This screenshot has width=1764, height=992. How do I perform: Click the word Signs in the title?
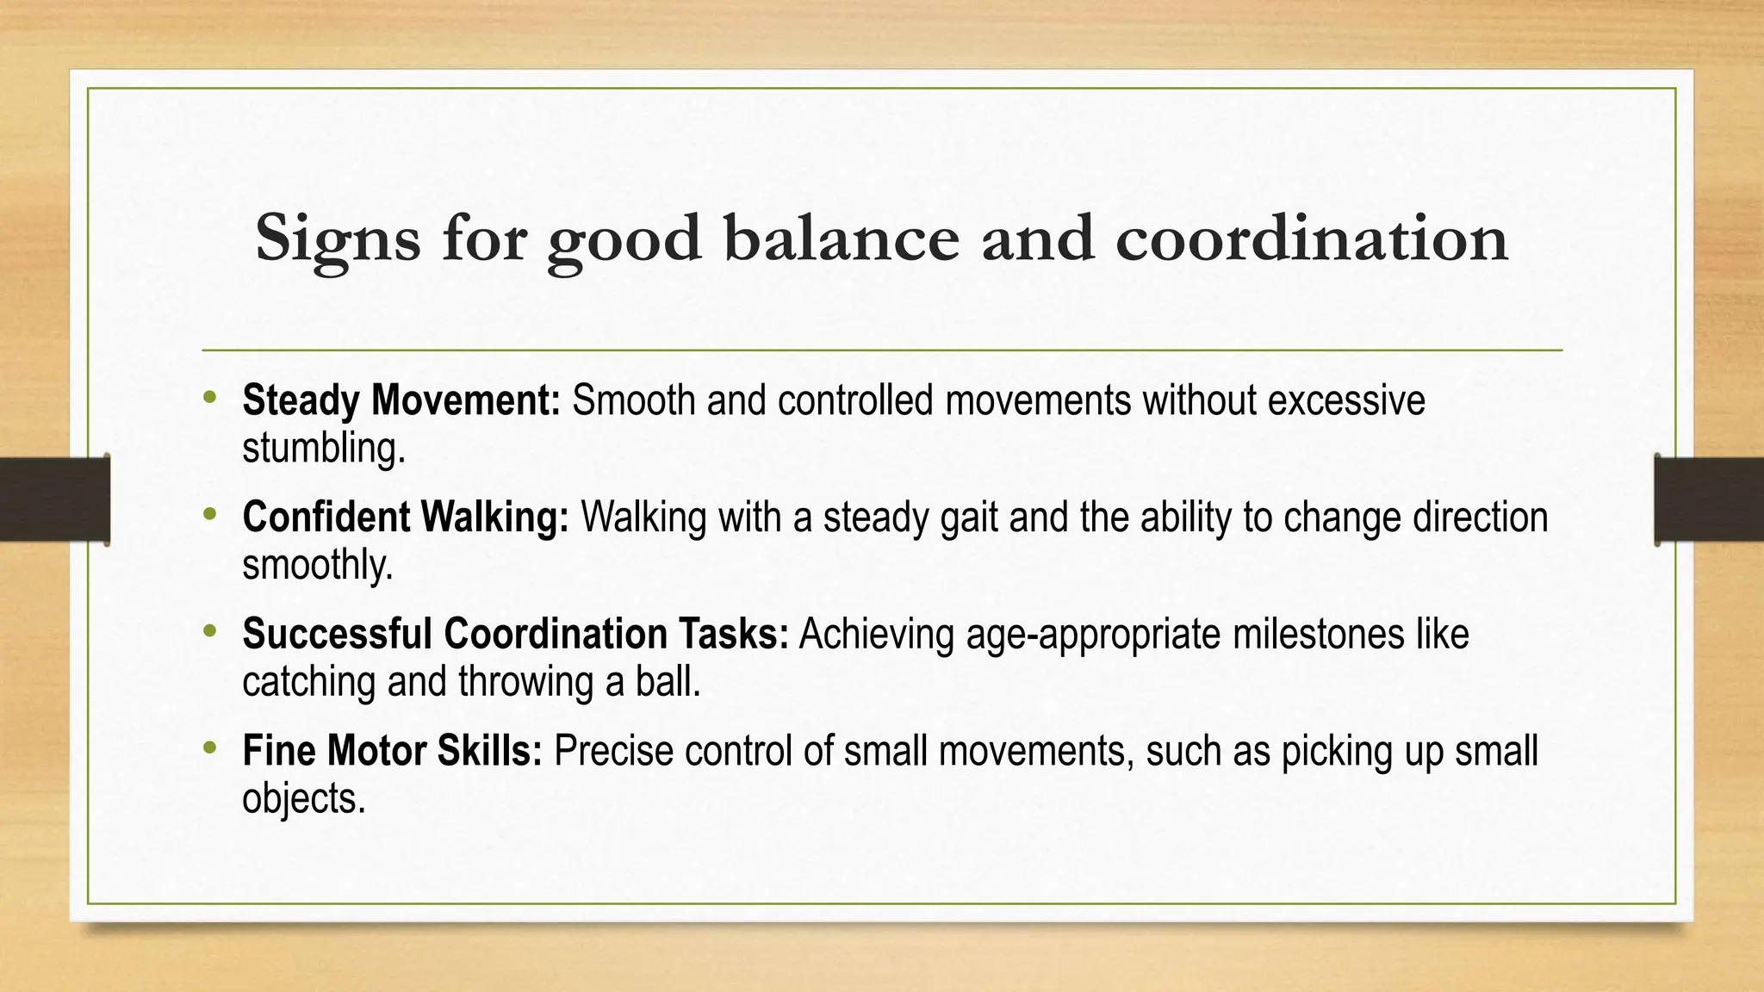coord(338,239)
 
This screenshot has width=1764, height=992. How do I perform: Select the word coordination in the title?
coord(1312,238)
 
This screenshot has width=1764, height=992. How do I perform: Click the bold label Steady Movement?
coord(401,400)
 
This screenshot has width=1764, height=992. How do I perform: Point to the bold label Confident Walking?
coord(406,518)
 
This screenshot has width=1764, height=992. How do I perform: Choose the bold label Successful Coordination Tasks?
coord(515,634)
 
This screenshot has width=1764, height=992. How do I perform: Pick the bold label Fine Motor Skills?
coord(392,751)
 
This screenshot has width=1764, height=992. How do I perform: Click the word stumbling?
coord(323,449)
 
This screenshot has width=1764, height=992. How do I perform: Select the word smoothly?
coord(317,566)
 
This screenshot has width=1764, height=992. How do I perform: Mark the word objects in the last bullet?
coord(303,799)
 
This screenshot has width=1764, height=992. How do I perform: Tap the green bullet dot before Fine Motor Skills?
coord(209,747)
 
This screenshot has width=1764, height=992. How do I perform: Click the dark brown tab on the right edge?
coord(1710,499)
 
